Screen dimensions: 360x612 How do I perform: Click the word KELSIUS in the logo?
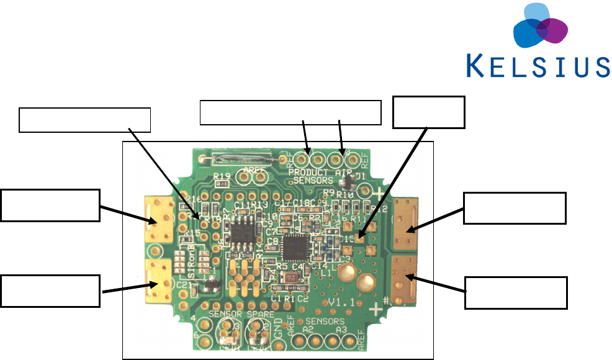(x=538, y=65)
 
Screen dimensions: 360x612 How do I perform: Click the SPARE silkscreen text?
(x=256, y=315)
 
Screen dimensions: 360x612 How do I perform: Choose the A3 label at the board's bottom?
(x=340, y=331)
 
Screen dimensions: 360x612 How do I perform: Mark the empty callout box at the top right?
(x=429, y=112)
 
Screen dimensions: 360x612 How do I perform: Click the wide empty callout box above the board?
(x=290, y=112)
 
